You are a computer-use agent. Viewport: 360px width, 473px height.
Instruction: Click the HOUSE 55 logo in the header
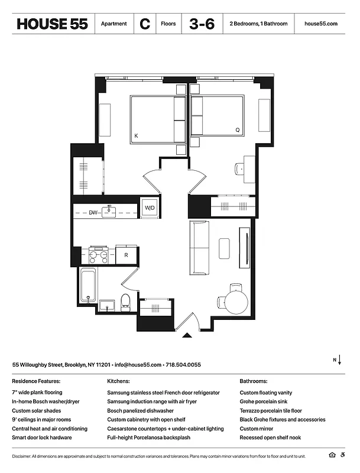(53, 24)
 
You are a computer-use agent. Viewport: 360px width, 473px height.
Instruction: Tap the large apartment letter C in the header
(144, 24)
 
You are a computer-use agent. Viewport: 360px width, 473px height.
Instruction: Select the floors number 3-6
(202, 24)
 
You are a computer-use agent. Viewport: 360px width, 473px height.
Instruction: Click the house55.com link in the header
(320, 24)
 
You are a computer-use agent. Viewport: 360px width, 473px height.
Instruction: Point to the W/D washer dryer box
(150, 208)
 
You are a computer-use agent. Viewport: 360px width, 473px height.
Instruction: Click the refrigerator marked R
(126, 255)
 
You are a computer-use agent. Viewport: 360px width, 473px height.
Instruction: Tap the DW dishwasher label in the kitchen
(93, 211)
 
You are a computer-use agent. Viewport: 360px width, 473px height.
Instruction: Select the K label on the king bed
(136, 136)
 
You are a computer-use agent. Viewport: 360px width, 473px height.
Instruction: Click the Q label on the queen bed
(238, 129)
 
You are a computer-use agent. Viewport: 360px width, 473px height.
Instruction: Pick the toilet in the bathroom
(125, 302)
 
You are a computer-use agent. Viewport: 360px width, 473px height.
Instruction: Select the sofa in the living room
(199, 248)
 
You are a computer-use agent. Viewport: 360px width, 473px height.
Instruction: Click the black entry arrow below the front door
(187, 335)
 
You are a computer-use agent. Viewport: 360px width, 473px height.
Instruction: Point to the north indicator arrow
(340, 361)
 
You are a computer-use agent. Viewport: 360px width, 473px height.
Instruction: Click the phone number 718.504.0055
(183, 365)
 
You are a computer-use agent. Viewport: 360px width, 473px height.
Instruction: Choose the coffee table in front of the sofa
(223, 248)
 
